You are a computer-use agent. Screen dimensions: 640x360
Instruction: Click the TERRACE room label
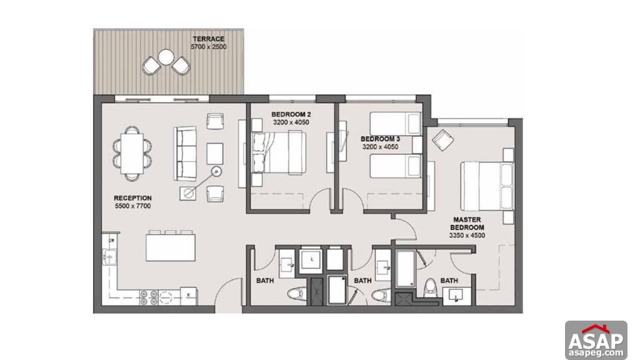(209, 39)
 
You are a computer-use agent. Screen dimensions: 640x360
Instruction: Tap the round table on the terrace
(166, 57)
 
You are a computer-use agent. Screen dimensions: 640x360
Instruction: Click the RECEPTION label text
(132, 198)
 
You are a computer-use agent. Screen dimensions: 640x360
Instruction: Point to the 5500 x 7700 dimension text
(132, 206)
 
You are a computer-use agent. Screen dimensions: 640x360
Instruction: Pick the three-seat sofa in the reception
(186, 154)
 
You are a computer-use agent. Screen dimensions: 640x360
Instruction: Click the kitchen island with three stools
(171, 246)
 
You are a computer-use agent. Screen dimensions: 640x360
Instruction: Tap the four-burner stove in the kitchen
(149, 297)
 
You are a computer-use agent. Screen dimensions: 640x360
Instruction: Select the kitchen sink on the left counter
(109, 257)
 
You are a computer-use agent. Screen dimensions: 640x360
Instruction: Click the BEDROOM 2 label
(291, 114)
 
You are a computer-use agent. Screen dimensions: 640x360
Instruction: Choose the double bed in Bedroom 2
(279, 152)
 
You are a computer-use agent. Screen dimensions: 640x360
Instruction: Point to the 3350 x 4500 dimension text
(467, 236)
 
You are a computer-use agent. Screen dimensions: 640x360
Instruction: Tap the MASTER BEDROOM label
(467, 224)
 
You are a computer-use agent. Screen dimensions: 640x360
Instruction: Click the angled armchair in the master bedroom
(443, 140)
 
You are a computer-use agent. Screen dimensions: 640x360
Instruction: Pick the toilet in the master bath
(430, 289)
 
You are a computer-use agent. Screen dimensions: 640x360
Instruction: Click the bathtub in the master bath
(406, 269)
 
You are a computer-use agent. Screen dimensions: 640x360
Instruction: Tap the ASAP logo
(596, 341)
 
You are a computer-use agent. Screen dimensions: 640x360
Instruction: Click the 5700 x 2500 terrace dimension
(209, 47)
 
